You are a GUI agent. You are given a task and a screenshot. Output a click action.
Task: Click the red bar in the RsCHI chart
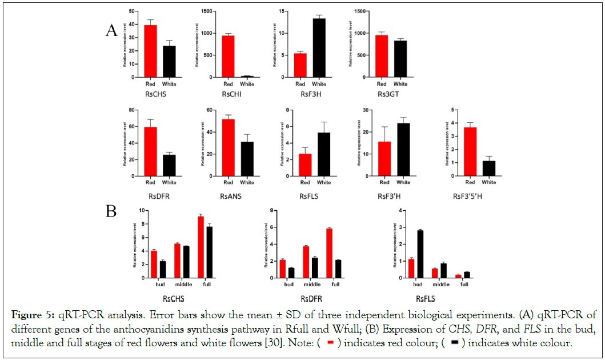[228, 56]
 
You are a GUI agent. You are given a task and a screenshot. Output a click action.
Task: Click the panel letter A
[111, 31]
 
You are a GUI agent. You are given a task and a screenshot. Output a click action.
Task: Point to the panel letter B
[111, 211]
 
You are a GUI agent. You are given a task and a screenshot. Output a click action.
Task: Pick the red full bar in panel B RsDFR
[330, 253]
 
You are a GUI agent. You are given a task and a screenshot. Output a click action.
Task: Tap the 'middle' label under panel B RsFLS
[439, 284]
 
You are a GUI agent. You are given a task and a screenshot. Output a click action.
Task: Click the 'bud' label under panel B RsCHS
[150, 284]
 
